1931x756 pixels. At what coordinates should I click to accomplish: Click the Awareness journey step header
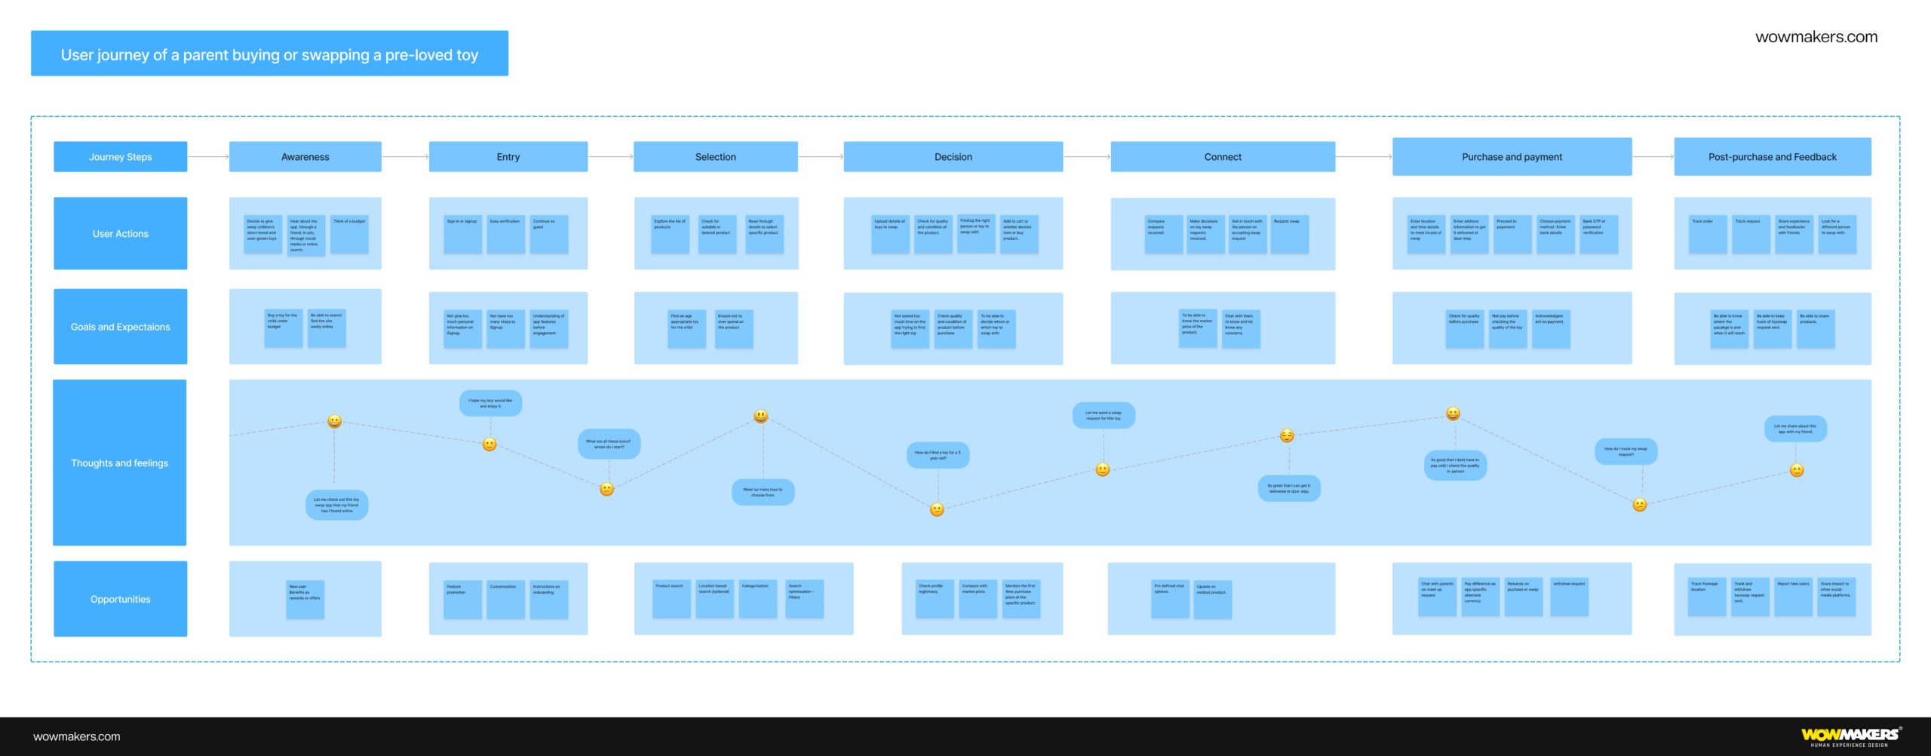[x=305, y=157]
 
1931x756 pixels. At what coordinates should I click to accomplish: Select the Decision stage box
[x=953, y=157]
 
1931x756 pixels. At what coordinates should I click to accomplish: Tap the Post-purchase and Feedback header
[x=1772, y=157]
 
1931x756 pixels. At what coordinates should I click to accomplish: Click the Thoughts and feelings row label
[x=120, y=463]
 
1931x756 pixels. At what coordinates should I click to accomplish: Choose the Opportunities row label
[x=120, y=599]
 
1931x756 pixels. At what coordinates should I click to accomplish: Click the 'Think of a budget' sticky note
[x=349, y=234]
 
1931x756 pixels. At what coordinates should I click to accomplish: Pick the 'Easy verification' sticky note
[x=505, y=234]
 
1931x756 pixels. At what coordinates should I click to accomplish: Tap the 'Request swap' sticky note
[x=1289, y=234]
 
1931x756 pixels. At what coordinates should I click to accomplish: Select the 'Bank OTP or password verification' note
[x=1598, y=234]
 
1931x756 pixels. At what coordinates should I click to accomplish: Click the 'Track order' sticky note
[x=1707, y=234]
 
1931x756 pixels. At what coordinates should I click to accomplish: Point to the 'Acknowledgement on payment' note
[x=1551, y=328]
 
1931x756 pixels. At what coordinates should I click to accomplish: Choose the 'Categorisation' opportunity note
[x=757, y=599]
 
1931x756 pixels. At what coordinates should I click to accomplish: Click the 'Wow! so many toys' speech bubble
[x=763, y=493]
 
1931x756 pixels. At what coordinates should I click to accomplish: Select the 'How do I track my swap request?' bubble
[x=1626, y=452]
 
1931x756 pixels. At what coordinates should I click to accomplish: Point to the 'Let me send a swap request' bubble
[x=1104, y=415]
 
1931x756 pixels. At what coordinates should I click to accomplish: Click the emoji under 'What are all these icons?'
[x=606, y=489]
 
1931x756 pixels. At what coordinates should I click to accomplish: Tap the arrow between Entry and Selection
[x=610, y=157]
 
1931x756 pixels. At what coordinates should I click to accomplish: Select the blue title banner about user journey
[x=269, y=54]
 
